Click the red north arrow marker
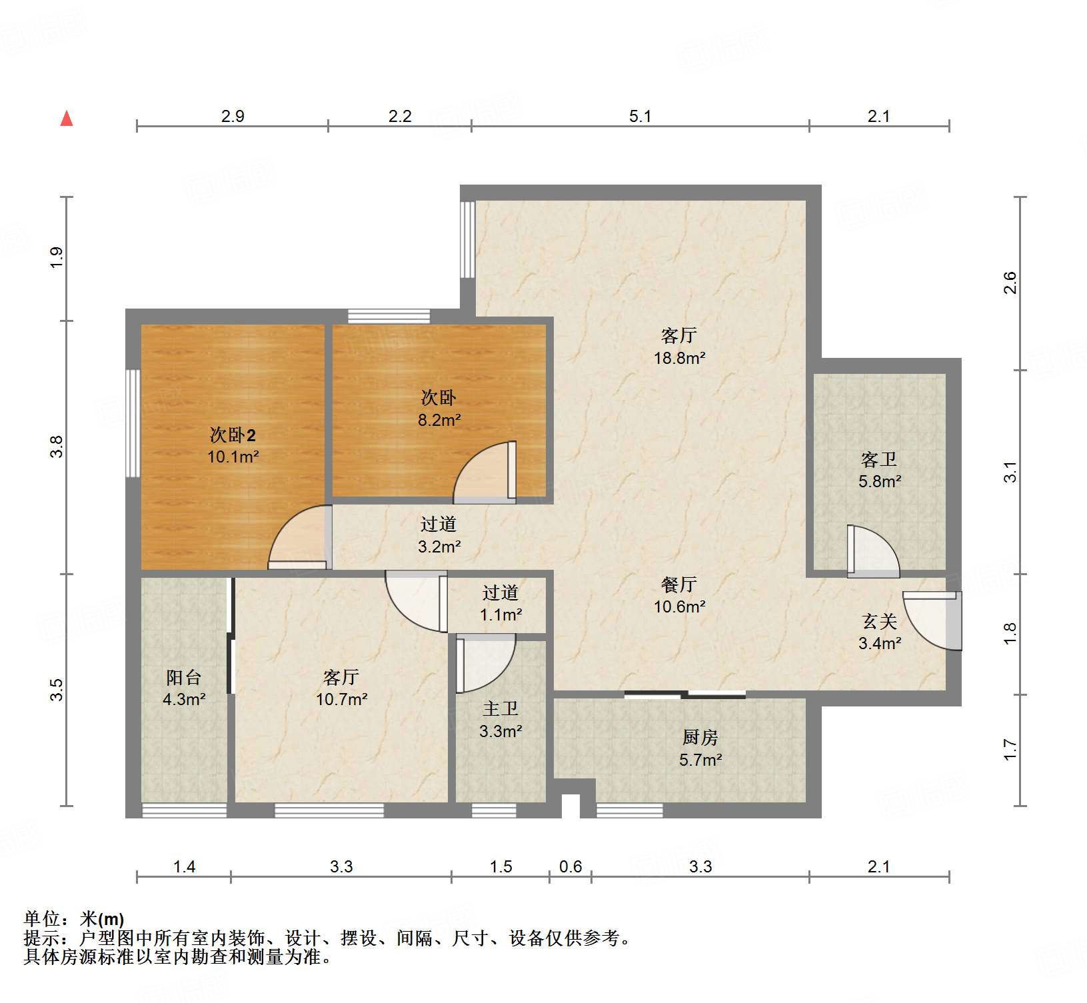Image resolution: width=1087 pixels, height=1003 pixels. pos(67,119)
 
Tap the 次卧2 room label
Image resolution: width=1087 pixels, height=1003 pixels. pos(233,435)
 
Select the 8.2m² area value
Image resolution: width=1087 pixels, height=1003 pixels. pos(439,420)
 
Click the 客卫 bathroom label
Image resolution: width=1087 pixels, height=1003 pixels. pos(878,459)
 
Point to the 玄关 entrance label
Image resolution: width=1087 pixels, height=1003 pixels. pos(879,621)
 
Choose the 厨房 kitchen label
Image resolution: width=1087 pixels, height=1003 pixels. pos(700,737)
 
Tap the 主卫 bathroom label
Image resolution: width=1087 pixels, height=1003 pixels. pos(500,708)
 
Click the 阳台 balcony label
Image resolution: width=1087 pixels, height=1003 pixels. pos(183,677)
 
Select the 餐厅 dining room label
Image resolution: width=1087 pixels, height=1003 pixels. pos(678,584)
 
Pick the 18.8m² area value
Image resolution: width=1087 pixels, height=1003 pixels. pos(679,358)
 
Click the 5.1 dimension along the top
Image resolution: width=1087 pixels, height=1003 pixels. pos(640,117)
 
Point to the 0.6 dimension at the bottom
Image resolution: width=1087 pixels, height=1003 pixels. pos(570,866)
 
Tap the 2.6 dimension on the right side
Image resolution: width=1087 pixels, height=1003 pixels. pos(1010,283)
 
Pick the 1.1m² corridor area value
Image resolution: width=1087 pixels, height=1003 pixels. pos(501,614)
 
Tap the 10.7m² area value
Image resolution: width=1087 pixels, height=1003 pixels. pos(341,699)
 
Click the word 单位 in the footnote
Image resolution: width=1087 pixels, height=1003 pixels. pos(41,919)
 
